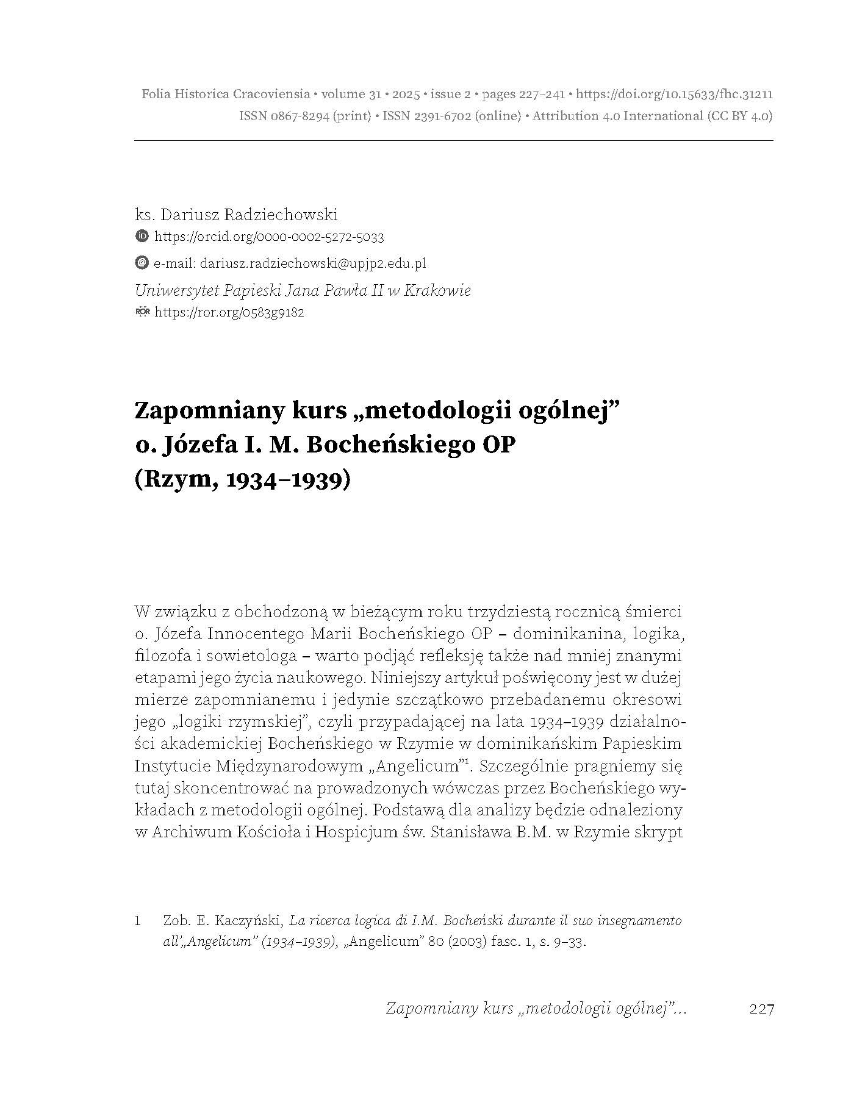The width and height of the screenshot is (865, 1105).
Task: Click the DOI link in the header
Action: pos(675,95)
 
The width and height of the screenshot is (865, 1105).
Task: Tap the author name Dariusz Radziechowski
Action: pos(247,215)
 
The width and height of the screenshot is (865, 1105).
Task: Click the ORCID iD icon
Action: pos(142,236)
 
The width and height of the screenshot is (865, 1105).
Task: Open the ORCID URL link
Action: pos(269,237)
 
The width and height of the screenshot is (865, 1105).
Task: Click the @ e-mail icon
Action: pos(142,263)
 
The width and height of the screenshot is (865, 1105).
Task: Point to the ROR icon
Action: pos(142,312)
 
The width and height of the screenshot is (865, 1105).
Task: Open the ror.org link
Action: pos(229,313)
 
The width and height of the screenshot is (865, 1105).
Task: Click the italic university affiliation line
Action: pos(303,290)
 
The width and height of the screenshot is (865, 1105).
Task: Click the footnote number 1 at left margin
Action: pos(138,921)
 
